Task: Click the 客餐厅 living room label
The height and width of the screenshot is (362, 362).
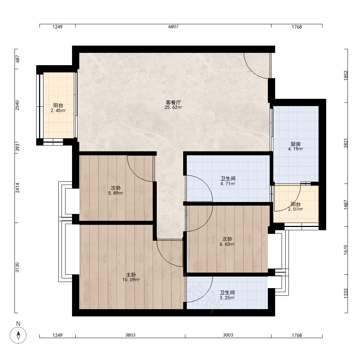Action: pos(173,102)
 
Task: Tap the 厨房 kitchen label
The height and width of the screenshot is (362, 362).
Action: pos(295,144)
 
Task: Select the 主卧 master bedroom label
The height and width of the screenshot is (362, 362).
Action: pos(131,275)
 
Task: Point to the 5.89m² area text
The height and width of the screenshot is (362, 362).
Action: pos(116,193)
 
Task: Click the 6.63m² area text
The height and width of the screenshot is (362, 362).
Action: pos(227,244)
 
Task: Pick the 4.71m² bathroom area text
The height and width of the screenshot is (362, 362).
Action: pos(228,184)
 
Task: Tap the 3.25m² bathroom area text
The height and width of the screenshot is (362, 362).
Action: pos(227,298)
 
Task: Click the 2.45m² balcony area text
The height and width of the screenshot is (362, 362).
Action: pos(58,110)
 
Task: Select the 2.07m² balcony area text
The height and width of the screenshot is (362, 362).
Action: pos(295,209)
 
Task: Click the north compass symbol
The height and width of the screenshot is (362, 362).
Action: pos(18,335)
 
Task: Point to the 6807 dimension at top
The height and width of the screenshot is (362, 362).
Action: pos(173,26)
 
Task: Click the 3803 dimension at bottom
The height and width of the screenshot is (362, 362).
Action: pos(130,335)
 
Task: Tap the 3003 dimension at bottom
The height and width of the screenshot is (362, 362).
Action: pos(228,335)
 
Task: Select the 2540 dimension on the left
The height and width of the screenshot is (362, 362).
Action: pos(17,105)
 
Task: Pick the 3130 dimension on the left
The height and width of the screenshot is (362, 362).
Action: pos(17,268)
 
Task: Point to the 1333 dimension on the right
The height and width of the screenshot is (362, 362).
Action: pos(346,294)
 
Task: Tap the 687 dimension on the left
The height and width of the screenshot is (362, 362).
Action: pos(17,59)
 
